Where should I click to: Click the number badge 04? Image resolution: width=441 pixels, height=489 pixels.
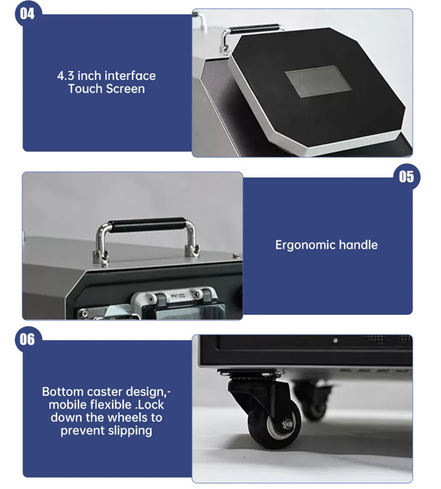[x=27, y=14]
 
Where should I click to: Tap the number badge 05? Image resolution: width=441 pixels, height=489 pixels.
[x=406, y=176]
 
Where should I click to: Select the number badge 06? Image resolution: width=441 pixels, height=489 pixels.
[x=27, y=339]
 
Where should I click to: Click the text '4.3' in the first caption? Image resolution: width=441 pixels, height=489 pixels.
[x=66, y=76]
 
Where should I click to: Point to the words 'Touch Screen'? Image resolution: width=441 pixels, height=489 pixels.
[x=107, y=89]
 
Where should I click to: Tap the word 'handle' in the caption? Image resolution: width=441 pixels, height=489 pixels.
[x=358, y=245]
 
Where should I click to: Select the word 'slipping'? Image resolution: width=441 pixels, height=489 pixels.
[x=129, y=430]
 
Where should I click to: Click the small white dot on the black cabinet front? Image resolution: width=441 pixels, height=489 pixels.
[x=335, y=340]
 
